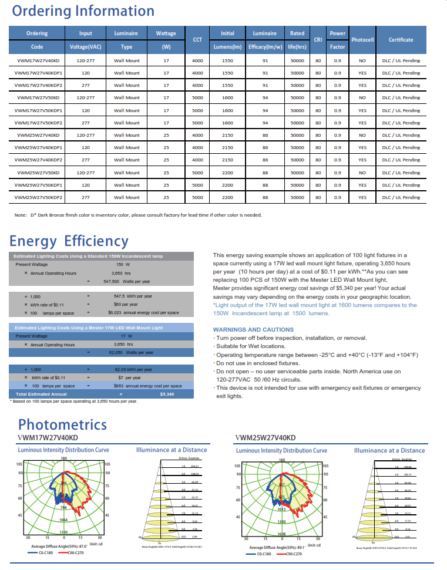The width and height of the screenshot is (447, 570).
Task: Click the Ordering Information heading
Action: [83, 11]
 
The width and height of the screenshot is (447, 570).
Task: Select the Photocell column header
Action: [362, 40]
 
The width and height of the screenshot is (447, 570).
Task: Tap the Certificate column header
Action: [401, 40]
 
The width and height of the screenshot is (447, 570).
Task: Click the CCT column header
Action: [198, 40]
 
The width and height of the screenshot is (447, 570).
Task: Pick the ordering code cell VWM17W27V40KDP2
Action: [38, 85]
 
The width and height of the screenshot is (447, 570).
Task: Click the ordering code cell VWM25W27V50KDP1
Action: [38, 185]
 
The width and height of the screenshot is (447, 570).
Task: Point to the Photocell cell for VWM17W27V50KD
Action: [362, 97]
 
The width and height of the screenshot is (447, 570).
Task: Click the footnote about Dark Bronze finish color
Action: [138, 214]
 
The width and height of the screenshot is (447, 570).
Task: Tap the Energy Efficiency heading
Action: [69, 241]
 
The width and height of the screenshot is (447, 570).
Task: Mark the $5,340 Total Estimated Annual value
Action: [167, 394]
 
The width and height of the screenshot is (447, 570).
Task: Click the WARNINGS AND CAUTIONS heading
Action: [253, 329]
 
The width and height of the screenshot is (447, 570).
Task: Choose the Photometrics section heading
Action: [62, 424]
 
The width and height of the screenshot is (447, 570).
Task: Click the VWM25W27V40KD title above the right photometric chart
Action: [265, 438]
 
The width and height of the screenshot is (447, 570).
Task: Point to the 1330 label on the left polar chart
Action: [62, 531]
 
